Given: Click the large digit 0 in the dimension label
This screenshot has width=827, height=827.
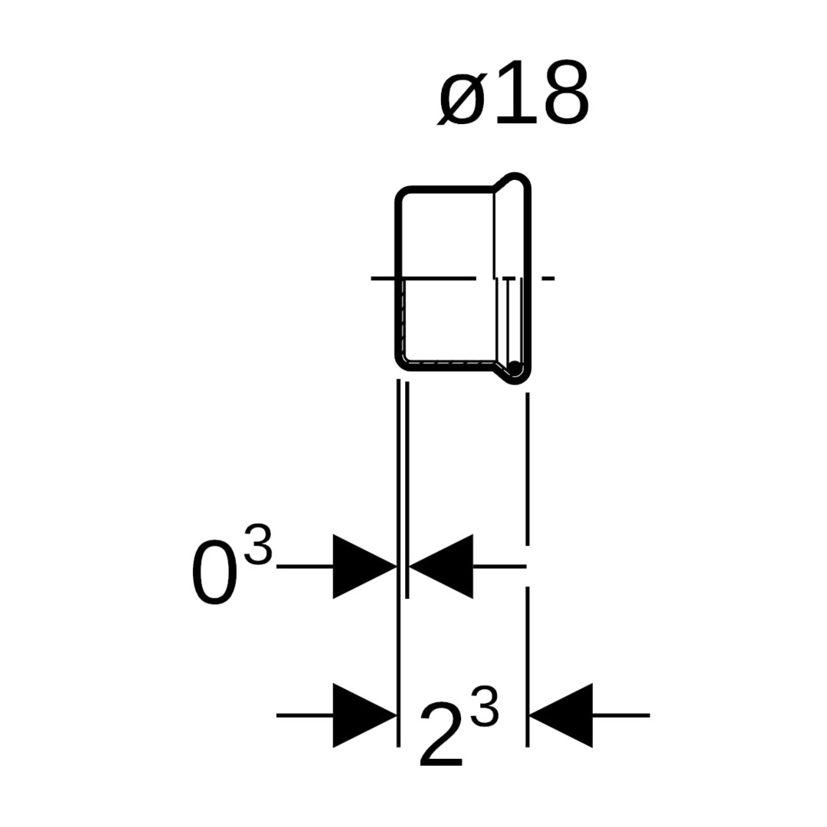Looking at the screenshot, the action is pos(213,572).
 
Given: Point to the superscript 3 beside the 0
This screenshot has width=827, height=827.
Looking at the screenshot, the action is pos(259,545).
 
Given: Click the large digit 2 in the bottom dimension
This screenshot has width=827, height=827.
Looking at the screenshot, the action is pos(442,734).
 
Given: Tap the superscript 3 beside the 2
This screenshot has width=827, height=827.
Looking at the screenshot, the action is pos(484,706).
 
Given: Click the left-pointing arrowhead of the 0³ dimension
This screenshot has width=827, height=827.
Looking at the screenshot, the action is pos(441,567).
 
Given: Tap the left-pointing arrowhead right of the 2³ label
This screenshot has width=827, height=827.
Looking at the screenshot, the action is pos(561,716).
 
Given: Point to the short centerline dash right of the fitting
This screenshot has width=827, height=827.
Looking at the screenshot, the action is pos(548,278).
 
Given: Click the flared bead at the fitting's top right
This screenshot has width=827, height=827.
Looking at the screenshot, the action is pos(514,179).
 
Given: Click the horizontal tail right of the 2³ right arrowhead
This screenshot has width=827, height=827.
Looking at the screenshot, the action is pos(621,716).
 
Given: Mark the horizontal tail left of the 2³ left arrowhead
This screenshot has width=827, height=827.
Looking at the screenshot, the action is pos(305,716).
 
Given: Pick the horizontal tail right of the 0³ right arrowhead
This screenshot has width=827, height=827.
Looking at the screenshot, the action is pos(499,567).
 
